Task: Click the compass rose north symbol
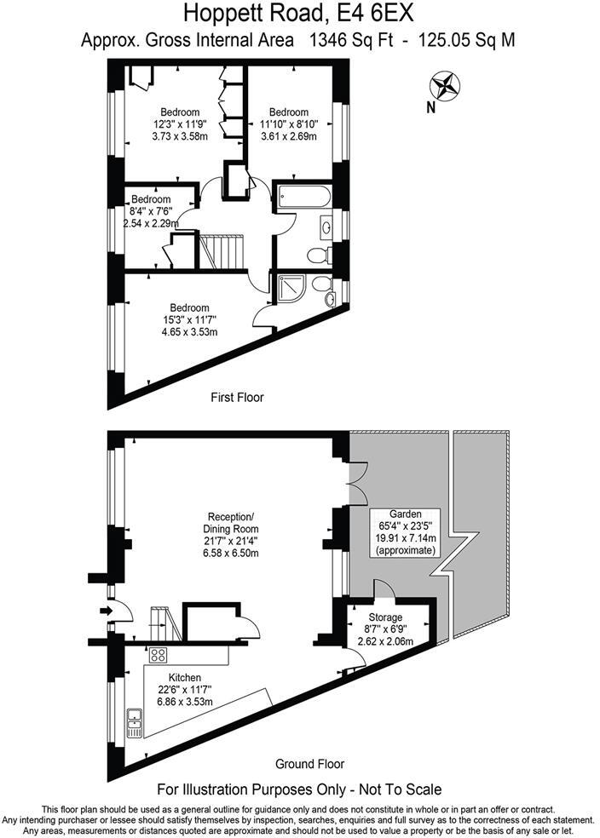445,87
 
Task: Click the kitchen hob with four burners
158,655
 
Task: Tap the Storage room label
384,617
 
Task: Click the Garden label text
405,514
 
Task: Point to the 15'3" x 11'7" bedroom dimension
188,319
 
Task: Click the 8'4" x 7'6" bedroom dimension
148,211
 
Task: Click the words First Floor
237,397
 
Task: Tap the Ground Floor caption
309,763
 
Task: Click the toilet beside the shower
322,284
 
